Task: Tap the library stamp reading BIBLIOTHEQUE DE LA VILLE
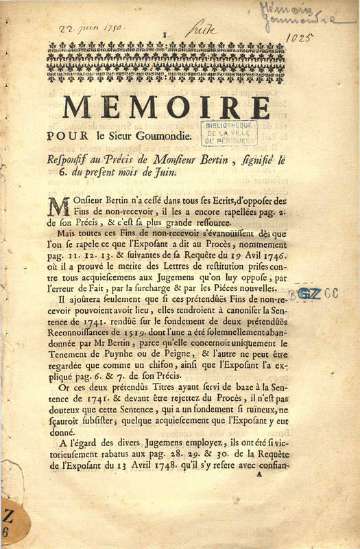(x=229, y=132)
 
